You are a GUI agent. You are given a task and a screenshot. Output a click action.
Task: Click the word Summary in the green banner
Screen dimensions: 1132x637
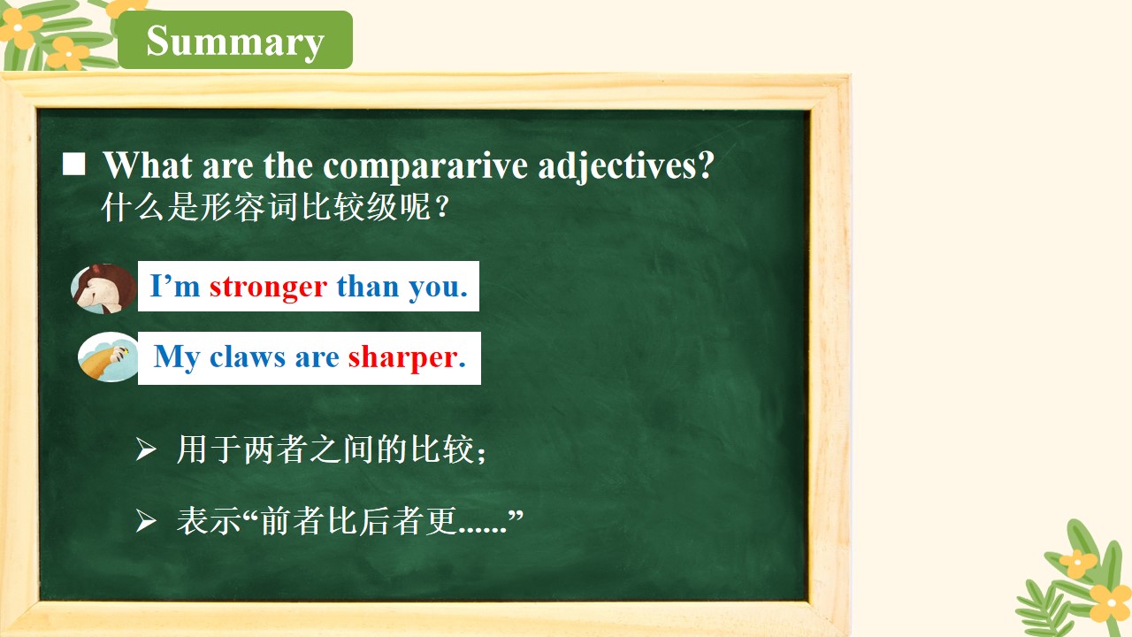[235, 42]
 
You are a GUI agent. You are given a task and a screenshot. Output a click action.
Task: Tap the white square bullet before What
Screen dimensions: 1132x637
[73, 165]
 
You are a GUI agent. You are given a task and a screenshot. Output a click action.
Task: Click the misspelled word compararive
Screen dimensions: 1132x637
[425, 166]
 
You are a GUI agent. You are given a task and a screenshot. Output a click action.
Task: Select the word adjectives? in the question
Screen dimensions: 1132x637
[626, 166]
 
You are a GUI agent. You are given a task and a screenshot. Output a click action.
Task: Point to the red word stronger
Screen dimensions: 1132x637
[268, 288]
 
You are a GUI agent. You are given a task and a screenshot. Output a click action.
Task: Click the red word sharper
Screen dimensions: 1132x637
[406, 358]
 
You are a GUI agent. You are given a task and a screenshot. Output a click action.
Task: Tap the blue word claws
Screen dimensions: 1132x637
[247, 357]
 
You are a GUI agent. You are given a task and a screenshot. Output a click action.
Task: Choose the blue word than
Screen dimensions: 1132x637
[368, 286]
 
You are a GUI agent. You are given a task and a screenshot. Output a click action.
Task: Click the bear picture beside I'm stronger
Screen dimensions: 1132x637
[103, 288]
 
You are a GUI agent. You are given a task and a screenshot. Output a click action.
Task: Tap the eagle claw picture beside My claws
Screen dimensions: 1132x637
[108, 357]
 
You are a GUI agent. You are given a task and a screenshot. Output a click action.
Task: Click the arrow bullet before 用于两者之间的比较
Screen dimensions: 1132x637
[146, 449]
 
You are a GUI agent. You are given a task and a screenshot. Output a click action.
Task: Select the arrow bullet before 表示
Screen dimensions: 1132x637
[146, 521]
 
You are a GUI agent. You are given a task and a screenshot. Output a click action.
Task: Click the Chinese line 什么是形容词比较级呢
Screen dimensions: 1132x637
[275, 207]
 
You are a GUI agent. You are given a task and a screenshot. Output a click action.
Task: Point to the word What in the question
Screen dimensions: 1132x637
[148, 165]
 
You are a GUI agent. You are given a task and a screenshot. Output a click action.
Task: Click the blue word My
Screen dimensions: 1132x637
[176, 358]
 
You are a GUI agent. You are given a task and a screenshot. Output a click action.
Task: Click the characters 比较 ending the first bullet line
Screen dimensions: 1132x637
[442, 449]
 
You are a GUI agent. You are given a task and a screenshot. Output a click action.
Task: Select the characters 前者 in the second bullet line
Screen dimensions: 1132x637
[293, 521]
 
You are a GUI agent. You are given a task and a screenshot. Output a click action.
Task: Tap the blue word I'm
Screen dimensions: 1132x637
[175, 286]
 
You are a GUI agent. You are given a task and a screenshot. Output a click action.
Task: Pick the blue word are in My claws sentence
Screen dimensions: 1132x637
[317, 358]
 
